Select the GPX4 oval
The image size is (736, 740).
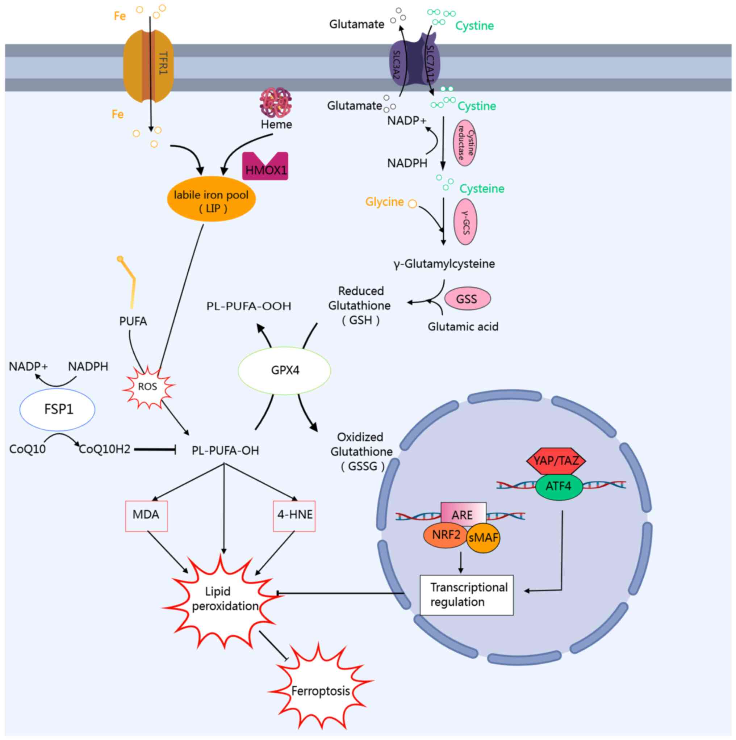(x=285, y=370)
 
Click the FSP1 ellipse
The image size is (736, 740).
(x=58, y=409)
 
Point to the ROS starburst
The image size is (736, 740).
(x=148, y=387)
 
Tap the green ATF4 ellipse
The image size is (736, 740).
(x=558, y=487)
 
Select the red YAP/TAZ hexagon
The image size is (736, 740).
(x=556, y=461)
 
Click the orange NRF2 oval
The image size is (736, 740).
(x=446, y=535)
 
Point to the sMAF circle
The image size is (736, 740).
(x=484, y=538)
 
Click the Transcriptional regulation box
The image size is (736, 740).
(x=466, y=595)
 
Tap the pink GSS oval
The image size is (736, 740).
(x=467, y=299)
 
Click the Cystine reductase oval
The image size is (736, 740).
(x=465, y=143)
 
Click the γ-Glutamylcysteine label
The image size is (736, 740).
(x=444, y=264)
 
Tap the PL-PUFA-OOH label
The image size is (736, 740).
(x=249, y=306)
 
